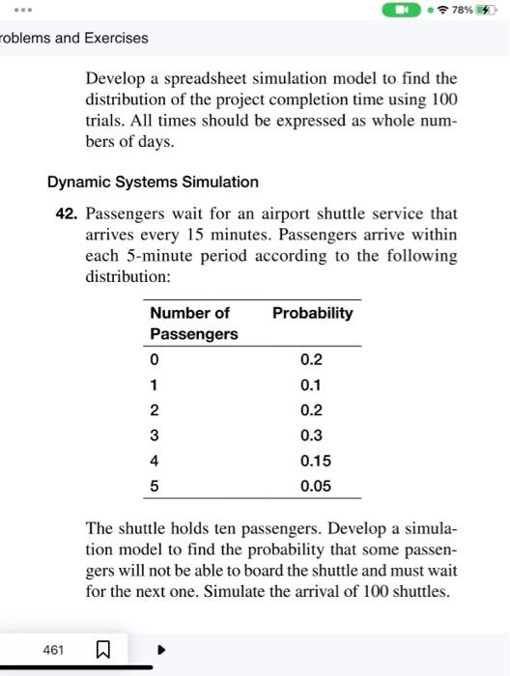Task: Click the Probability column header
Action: coord(312,313)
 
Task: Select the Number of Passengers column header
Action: coord(193,324)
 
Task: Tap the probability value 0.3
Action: coord(311,436)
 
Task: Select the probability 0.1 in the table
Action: coord(311,384)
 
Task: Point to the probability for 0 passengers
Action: coord(311,360)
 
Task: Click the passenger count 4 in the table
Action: coord(154,461)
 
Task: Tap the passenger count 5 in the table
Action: coord(154,486)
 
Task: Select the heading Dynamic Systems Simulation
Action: coord(153,182)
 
